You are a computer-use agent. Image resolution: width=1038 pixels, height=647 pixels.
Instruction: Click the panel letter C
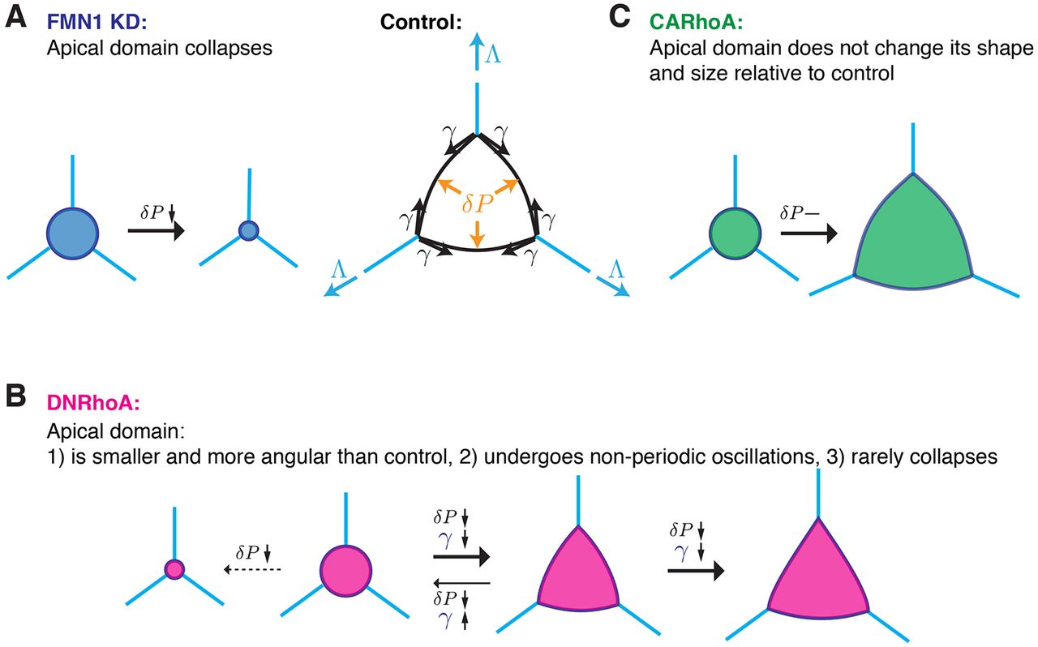pyautogui.click(x=621, y=19)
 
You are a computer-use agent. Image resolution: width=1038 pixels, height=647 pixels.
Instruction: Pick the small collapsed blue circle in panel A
pyautogui.click(x=247, y=231)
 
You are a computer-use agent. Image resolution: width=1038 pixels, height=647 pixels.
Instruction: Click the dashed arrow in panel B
pyautogui.click(x=251, y=570)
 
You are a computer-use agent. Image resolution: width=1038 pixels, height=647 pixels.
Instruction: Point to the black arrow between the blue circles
pyautogui.click(x=156, y=232)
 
